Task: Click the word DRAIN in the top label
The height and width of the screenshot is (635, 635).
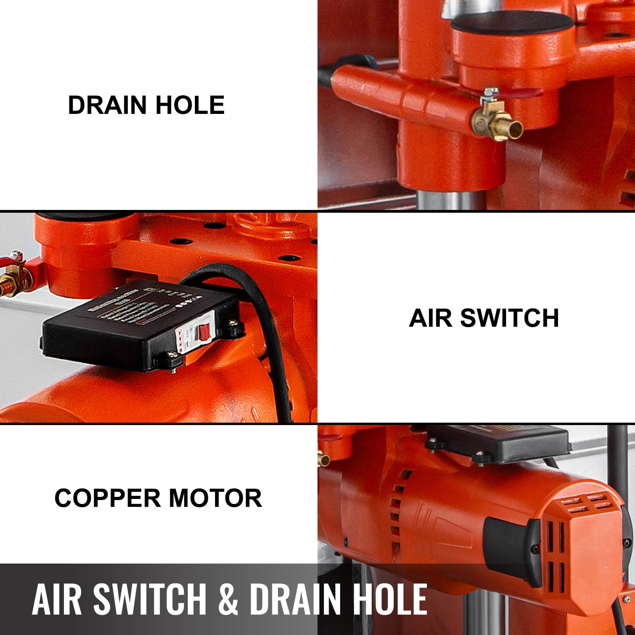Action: point(108,106)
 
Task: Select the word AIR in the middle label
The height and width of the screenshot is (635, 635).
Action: point(430,318)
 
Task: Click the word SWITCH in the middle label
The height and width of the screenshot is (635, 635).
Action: point(510,318)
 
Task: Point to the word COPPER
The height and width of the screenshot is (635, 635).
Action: point(107,498)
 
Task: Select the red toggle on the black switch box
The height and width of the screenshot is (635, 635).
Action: point(204,332)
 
